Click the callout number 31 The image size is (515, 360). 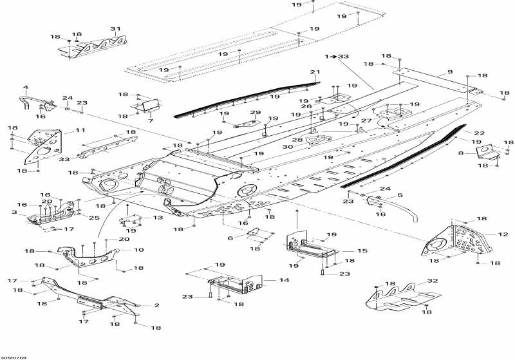(115, 29)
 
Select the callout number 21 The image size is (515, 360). (315, 72)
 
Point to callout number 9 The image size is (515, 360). (450, 72)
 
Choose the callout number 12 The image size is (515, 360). (503, 234)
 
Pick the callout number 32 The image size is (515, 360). (432, 281)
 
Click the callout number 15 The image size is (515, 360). (362, 251)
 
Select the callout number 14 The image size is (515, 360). (284, 280)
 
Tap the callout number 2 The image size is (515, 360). (156, 305)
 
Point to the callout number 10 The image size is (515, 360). (138, 250)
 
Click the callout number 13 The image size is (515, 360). (158, 218)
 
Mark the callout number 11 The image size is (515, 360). (80, 130)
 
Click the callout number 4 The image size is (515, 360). (26, 88)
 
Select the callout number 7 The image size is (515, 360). (151, 121)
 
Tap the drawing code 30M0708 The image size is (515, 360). (13, 357)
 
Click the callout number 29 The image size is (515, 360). (255, 113)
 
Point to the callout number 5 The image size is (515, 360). (400, 195)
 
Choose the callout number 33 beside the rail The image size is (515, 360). (64, 159)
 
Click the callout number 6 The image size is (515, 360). (230, 238)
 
